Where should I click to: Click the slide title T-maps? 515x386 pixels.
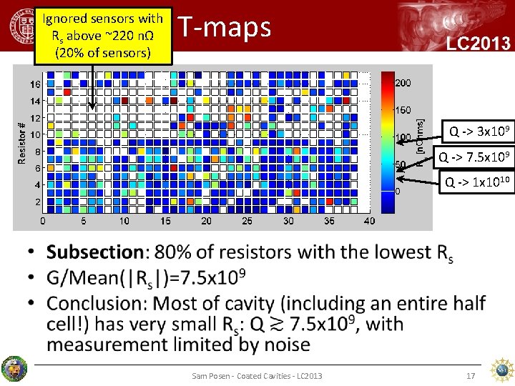pyautogui.click(x=225, y=28)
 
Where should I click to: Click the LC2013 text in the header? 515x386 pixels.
pyautogui.click(x=479, y=43)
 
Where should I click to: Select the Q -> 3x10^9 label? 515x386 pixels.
pyautogui.click(x=475, y=132)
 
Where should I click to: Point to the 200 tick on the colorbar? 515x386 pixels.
pyautogui.click(x=403, y=84)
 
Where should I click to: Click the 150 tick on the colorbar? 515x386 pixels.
pyautogui.click(x=403, y=110)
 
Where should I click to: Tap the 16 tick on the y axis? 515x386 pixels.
pyautogui.click(x=35, y=84)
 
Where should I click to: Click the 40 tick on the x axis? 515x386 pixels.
pyautogui.click(x=369, y=222)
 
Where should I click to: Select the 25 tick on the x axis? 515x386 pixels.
pyautogui.click(x=247, y=222)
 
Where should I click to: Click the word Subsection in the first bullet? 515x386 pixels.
pyautogui.click(x=95, y=252)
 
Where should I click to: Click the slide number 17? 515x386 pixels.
pyautogui.click(x=471, y=376)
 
